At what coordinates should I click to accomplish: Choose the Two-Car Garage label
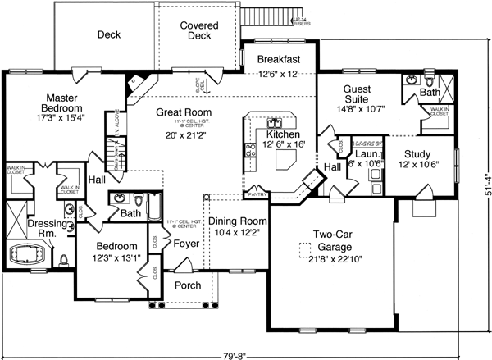tap(330, 239)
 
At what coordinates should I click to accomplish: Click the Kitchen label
tap(282, 134)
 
